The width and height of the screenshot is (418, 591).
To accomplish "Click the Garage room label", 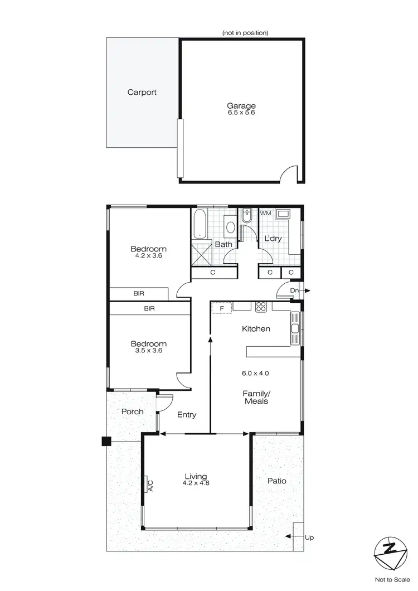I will (x=241, y=105).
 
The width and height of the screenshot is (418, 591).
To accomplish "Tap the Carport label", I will (x=142, y=93).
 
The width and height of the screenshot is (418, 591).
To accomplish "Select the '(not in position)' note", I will (x=245, y=33).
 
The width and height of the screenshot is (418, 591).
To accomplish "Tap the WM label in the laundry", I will (x=265, y=213).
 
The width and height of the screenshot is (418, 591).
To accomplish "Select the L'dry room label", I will (x=273, y=239).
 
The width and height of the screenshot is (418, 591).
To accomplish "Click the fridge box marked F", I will (x=221, y=308).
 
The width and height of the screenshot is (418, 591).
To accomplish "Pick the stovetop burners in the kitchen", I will (x=261, y=307).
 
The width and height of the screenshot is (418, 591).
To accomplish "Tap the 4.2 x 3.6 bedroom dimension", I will (x=148, y=256).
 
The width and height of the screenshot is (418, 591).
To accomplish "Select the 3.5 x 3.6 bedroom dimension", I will (x=148, y=352).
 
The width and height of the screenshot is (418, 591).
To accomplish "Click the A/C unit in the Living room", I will (x=148, y=485).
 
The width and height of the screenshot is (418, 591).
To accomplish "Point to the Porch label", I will (x=132, y=411).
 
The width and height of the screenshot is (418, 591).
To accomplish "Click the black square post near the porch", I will (x=106, y=442).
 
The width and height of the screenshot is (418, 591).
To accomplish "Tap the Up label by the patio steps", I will (x=309, y=537).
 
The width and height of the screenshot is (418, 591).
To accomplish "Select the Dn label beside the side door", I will (x=295, y=290).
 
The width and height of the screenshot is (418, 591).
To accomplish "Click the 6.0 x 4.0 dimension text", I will (x=256, y=373).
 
